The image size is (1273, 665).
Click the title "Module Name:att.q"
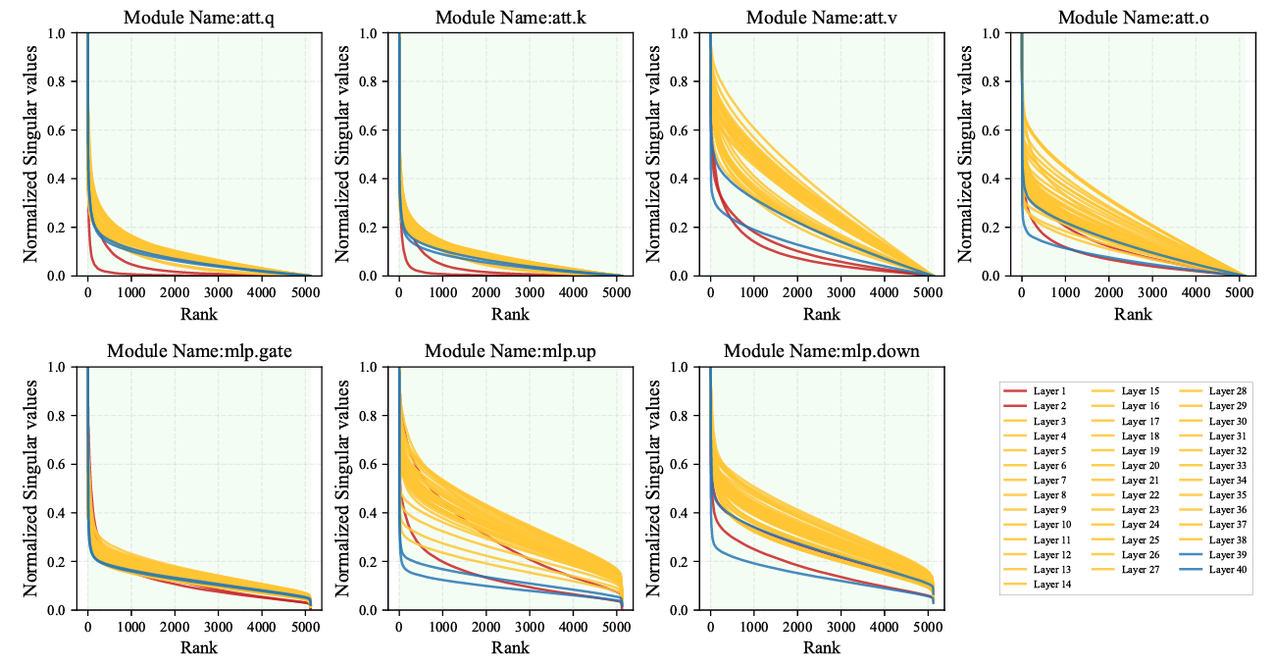pyautogui.click(x=199, y=17)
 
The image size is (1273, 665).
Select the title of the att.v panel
pyautogui.click(x=822, y=17)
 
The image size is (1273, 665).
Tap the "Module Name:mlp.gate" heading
pyautogui.click(x=199, y=351)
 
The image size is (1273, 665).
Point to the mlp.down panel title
pyautogui.click(x=822, y=351)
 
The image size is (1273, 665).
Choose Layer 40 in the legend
pyautogui.click(x=1227, y=570)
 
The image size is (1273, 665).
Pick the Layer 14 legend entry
pyautogui.click(x=1051, y=585)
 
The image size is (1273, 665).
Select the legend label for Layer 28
pyautogui.click(x=1227, y=390)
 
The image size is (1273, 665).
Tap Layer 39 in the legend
pyautogui.click(x=1227, y=555)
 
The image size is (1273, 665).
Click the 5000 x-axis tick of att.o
pyautogui.click(x=1239, y=291)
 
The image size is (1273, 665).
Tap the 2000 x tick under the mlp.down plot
pyautogui.click(x=797, y=626)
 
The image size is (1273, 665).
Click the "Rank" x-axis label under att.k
pyautogui.click(x=511, y=314)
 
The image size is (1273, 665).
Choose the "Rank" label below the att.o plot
pyautogui.click(x=1133, y=314)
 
